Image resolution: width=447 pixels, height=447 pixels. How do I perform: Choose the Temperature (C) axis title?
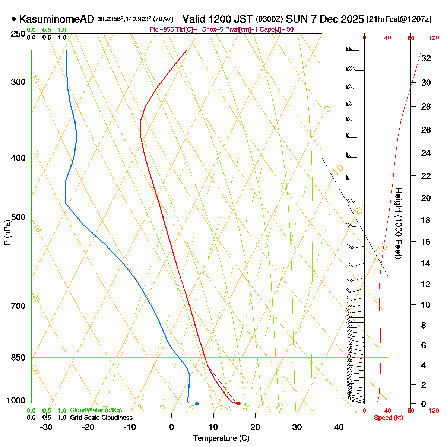point(221,438)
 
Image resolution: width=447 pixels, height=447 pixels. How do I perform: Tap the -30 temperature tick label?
point(46,427)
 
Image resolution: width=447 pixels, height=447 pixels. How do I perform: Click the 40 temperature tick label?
point(339,427)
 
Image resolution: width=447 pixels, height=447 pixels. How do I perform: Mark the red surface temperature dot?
point(238,403)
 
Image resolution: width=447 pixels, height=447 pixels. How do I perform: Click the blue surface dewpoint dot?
point(197,403)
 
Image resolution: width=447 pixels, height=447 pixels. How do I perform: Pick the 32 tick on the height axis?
point(426,58)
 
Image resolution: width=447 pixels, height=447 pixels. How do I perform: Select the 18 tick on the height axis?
point(426,220)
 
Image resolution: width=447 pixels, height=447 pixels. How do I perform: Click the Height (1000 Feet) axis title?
point(398,223)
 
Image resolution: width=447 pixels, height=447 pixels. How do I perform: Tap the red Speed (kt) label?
point(389,418)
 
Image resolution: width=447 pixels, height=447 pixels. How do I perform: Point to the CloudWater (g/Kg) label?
point(96,410)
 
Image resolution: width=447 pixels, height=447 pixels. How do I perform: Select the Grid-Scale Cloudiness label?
point(101,418)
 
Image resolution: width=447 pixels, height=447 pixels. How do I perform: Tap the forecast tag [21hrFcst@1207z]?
point(399,19)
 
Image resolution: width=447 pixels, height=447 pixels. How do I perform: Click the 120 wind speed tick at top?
point(434,38)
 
